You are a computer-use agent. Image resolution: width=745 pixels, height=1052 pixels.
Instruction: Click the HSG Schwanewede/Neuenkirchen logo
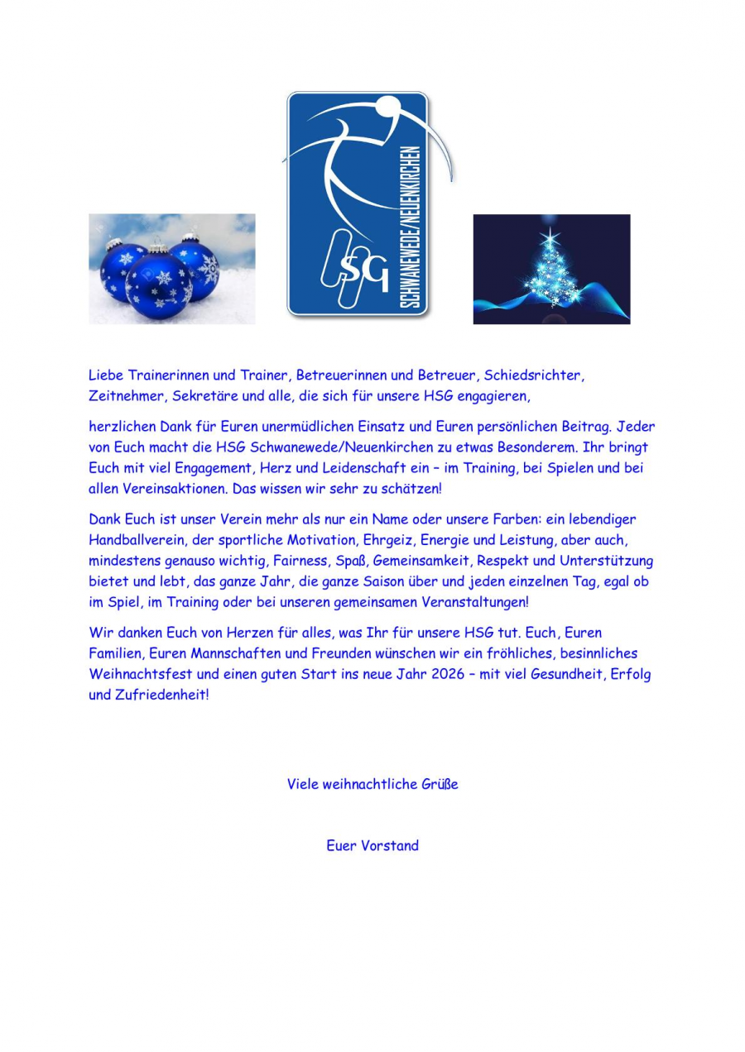(358, 203)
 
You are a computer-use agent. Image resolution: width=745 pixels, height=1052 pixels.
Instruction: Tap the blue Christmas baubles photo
(172, 269)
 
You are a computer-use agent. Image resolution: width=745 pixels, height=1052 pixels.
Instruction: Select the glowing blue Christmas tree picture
(551, 269)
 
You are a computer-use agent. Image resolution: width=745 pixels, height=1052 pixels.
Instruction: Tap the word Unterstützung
(606, 561)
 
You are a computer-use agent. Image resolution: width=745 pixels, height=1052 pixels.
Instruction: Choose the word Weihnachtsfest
(141, 674)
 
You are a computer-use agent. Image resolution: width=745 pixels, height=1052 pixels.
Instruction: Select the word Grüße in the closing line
(440, 784)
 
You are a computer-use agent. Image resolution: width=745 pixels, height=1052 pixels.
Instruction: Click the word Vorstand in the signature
(389, 845)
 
